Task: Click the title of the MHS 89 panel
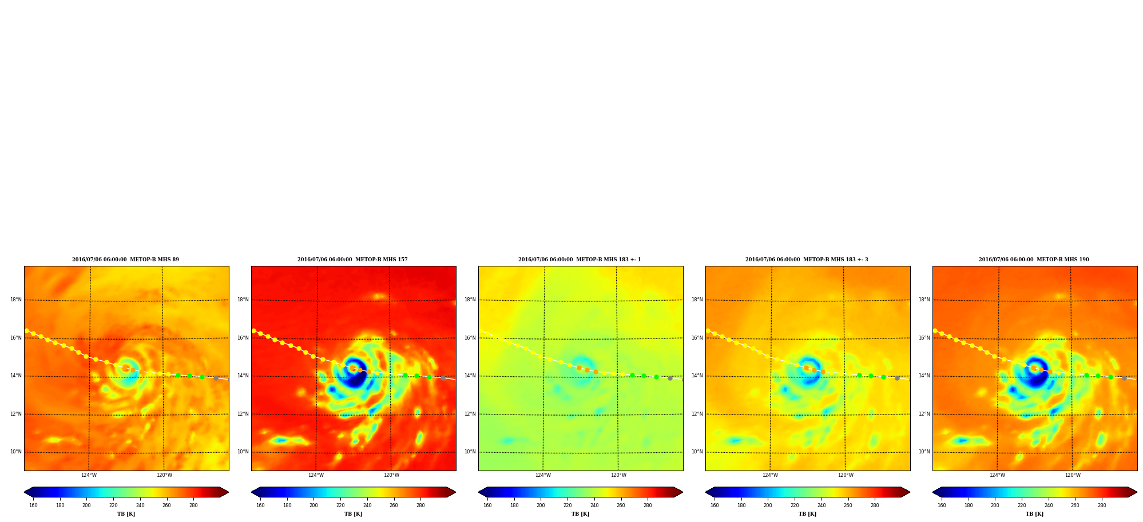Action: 125,260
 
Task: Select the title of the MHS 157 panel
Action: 352,260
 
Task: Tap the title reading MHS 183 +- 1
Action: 580,260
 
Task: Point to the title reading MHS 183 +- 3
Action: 807,260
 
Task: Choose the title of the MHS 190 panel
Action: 1034,260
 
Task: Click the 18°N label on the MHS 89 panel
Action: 15,300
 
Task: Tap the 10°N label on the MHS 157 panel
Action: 243,452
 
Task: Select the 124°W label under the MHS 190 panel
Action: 997,475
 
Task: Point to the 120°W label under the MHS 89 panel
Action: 164,475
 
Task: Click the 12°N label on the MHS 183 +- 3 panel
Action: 697,414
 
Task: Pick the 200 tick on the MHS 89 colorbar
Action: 86,505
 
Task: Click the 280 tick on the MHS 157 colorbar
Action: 420,505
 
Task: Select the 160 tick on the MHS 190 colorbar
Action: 942,505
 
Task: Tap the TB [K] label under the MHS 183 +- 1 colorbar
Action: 580,514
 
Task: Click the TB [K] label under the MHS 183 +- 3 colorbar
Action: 807,514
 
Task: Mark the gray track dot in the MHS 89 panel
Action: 216,378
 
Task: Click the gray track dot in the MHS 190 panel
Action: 1124,378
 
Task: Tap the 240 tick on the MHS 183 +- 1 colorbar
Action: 594,505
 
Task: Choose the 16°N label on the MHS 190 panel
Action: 924,338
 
